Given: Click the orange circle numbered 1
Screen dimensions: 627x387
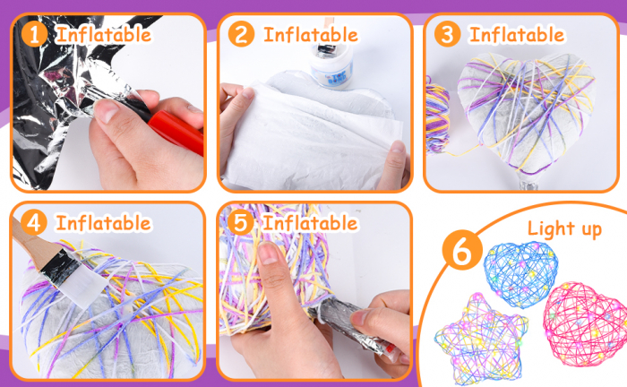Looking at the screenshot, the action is (x=34, y=34).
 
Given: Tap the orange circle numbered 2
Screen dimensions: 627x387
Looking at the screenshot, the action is (x=241, y=34).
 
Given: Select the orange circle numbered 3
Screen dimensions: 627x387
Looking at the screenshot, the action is (x=448, y=34).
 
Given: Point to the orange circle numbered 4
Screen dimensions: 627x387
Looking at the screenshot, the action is (x=34, y=222).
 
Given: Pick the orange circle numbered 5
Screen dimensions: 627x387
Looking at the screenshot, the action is (x=240, y=222).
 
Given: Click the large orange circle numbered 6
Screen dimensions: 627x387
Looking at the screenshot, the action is (x=462, y=250).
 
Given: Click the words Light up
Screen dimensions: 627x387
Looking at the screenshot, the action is (x=564, y=229).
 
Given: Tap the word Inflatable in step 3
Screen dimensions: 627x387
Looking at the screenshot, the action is (x=517, y=34).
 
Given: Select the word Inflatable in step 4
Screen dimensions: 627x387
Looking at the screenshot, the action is (x=104, y=223).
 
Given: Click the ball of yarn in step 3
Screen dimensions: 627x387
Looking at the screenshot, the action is (x=437, y=116).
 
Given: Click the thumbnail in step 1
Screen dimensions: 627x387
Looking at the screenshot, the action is (x=106, y=110).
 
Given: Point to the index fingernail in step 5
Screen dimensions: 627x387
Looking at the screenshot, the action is (x=269, y=254).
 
